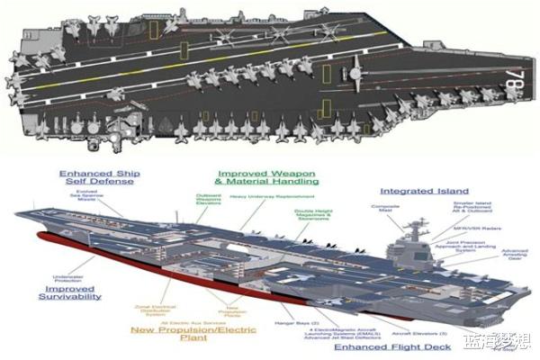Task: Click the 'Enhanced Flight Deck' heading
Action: pyautogui.click(x=386, y=344)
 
